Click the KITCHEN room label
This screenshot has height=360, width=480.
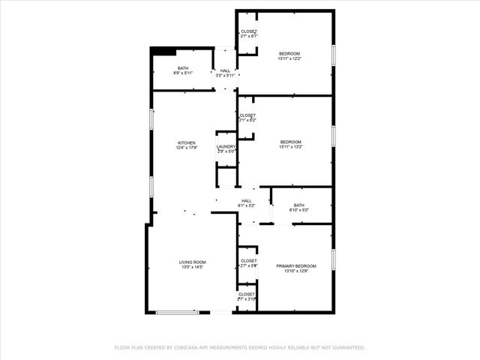[x=186, y=142]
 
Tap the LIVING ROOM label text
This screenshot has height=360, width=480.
[x=192, y=262]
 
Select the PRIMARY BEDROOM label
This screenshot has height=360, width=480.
[x=295, y=266]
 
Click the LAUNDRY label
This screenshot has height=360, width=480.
[x=226, y=146]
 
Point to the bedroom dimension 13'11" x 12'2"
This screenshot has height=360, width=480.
[x=289, y=58]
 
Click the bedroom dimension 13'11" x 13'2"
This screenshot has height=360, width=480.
[x=291, y=147]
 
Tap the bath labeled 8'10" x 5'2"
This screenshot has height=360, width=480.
[x=299, y=211]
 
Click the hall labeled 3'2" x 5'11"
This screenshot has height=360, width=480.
[x=225, y=76]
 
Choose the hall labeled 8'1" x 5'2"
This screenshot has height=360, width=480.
[x=247, y=205]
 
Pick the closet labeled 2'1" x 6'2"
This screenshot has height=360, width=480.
[x=248, y=120]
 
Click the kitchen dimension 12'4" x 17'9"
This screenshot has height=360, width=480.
[x=186, y=148]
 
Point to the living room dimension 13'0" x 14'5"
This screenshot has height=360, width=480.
[x=192, y=267]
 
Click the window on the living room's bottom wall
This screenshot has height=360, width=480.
[x=177, y=312]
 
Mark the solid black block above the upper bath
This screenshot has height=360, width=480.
[x=163, y=51]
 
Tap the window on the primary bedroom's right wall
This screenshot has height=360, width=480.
[x=333, y=259]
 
